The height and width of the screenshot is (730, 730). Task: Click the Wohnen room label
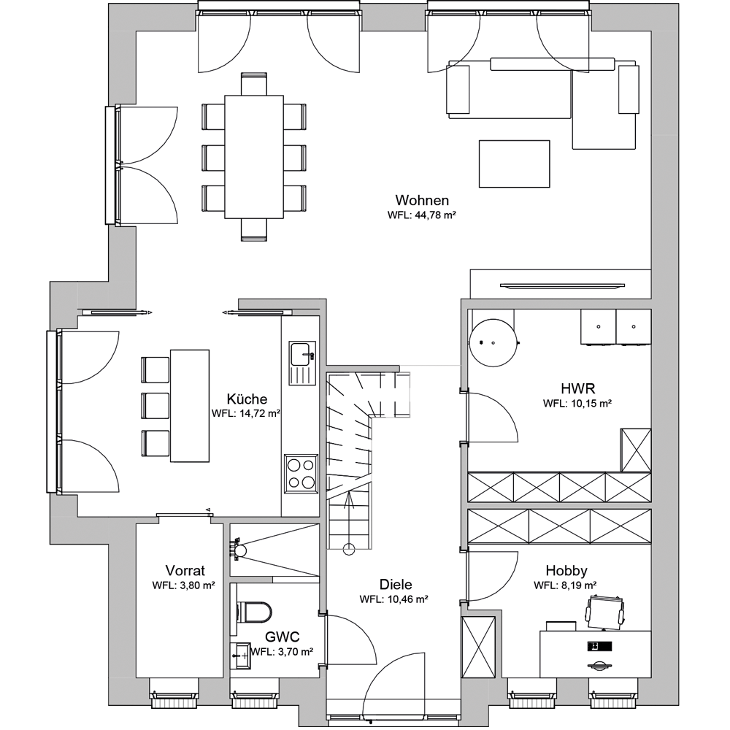coord(422,200)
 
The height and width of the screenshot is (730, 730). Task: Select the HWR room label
coord(577,388)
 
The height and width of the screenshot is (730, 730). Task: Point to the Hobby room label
coord(566,570)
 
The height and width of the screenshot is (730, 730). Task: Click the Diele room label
coord(396,584)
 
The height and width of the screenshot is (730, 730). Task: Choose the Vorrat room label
coord(185,570)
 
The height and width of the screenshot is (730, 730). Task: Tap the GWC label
coord(282,637)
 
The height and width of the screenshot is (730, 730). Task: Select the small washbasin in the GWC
coord(241,656)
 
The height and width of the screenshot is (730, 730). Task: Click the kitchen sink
coord(303,363)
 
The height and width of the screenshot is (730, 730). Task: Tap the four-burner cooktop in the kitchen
coord(301,473)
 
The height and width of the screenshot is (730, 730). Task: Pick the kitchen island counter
coord(190,405)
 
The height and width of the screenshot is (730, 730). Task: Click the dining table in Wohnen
coord(254,157)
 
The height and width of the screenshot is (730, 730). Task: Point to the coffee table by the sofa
coord(515,164)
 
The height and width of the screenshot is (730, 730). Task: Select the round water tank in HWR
coord(493,343)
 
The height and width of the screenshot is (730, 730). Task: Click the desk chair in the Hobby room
coord(604,611)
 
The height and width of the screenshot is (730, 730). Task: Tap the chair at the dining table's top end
coord(254,84)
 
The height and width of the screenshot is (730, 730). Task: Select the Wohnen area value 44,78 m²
coord(422,215)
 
